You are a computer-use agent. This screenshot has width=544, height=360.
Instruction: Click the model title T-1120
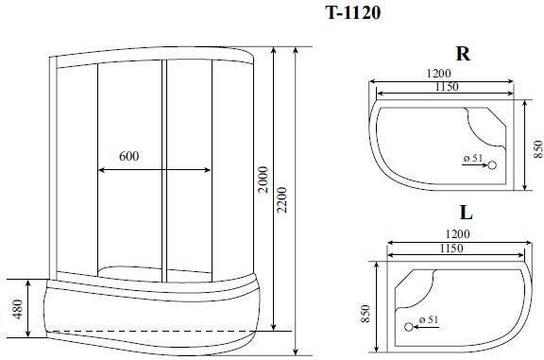(353, 13)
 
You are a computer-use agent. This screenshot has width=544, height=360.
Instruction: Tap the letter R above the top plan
(463, 54)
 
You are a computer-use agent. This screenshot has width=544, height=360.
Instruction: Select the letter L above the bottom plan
(466, 213)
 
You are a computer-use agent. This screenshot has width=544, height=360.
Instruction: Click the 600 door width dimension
(129, 156)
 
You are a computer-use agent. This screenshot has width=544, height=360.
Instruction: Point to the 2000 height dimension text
(263, 180)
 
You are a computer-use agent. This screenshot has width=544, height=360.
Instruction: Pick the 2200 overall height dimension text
(281, 199)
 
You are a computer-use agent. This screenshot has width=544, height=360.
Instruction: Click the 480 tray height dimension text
(17, 309)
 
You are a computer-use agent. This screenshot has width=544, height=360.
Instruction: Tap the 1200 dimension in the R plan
(438, 74)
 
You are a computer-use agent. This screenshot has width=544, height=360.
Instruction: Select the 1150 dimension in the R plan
(447, 86)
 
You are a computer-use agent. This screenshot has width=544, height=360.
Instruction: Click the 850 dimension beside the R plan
(537, 148)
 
